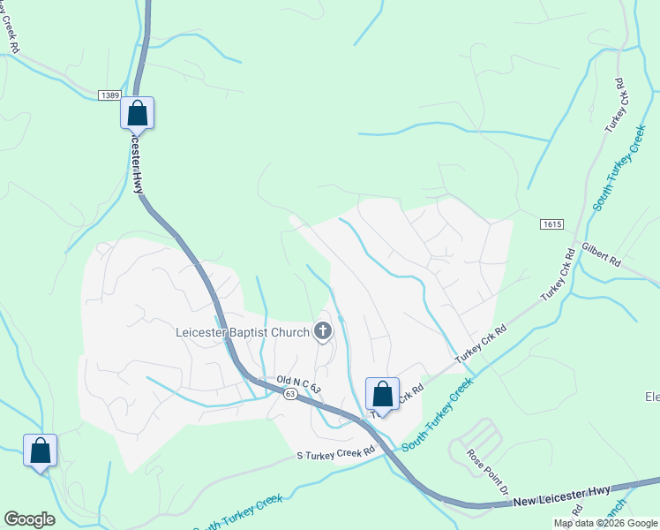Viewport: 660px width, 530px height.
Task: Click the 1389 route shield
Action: click(x=109, y=95)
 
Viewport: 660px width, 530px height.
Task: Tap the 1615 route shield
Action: click(x=551, y=225)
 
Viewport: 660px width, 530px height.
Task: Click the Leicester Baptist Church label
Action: click(x=241, y=332)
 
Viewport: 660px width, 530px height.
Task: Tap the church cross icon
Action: click(x=323, y=332)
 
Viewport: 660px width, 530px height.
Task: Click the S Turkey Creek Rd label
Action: click(x=335, y=451)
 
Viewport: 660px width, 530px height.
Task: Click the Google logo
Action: click(x=29, y=519)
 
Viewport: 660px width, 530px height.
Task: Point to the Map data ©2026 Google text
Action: click(x=605, y=523)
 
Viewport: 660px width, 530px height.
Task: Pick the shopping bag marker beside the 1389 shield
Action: click(x=137, y=113)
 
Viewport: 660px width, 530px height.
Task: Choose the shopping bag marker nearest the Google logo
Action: click(x=41, y=450)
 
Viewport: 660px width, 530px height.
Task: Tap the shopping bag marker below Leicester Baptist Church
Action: click(x=382, y=394)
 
